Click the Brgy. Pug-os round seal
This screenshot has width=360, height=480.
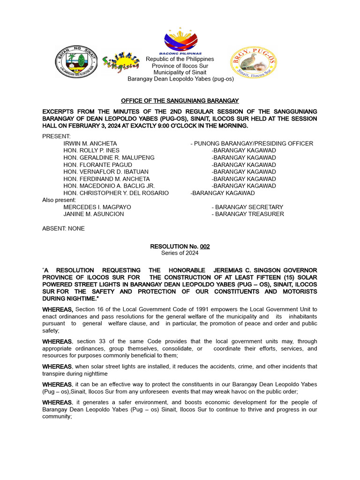[254, 63]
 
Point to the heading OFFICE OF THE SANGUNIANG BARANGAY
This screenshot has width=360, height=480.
[180, 101]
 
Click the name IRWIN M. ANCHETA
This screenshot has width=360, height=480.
[90, 143]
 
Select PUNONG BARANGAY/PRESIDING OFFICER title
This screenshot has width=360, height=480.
[252, 143]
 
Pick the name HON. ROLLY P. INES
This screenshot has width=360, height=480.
[91, 150]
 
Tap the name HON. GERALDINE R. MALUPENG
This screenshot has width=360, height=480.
[109, 157]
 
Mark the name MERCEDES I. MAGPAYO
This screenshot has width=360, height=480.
[97, 207]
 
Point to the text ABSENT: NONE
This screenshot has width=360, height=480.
[63, 228]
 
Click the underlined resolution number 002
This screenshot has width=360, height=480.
[205, 246]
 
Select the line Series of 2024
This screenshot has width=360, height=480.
[180, 253]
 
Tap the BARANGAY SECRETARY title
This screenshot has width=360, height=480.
[247, 207]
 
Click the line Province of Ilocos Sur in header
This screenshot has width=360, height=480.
[180, 66]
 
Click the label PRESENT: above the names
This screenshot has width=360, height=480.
[56, 136]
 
